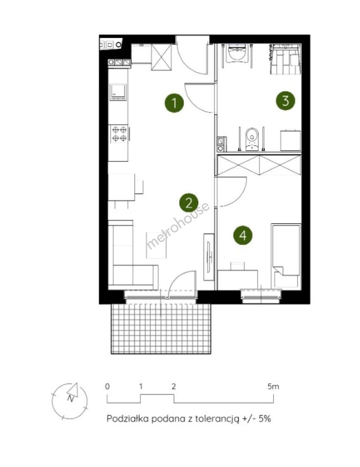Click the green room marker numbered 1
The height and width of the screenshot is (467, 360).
coord(174,103)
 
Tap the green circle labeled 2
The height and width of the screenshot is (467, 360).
coord(189,203)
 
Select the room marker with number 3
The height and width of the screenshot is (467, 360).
coord(285,101)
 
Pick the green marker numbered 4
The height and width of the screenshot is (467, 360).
coord(243,235)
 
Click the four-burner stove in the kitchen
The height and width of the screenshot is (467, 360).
coord(119,134)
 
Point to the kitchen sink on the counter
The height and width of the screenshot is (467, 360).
coord(118,92)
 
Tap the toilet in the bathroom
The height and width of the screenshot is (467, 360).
coord(252,139)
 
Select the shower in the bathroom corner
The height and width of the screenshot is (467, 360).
coord(285,59)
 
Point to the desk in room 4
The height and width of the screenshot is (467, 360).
coord(238,280)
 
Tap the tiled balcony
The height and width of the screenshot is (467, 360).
coord(161,328)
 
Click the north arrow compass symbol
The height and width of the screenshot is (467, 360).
coord(70,400)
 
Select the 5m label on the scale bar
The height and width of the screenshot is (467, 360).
coord(273,387)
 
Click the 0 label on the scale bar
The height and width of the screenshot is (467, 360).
coord(107,386)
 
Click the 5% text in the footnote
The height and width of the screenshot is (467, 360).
coord(264,419)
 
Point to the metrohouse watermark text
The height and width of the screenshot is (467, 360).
coord(178,225)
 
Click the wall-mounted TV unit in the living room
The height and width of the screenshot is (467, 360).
coord(209,257)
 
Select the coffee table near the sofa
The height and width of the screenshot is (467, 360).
coord(156,245)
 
